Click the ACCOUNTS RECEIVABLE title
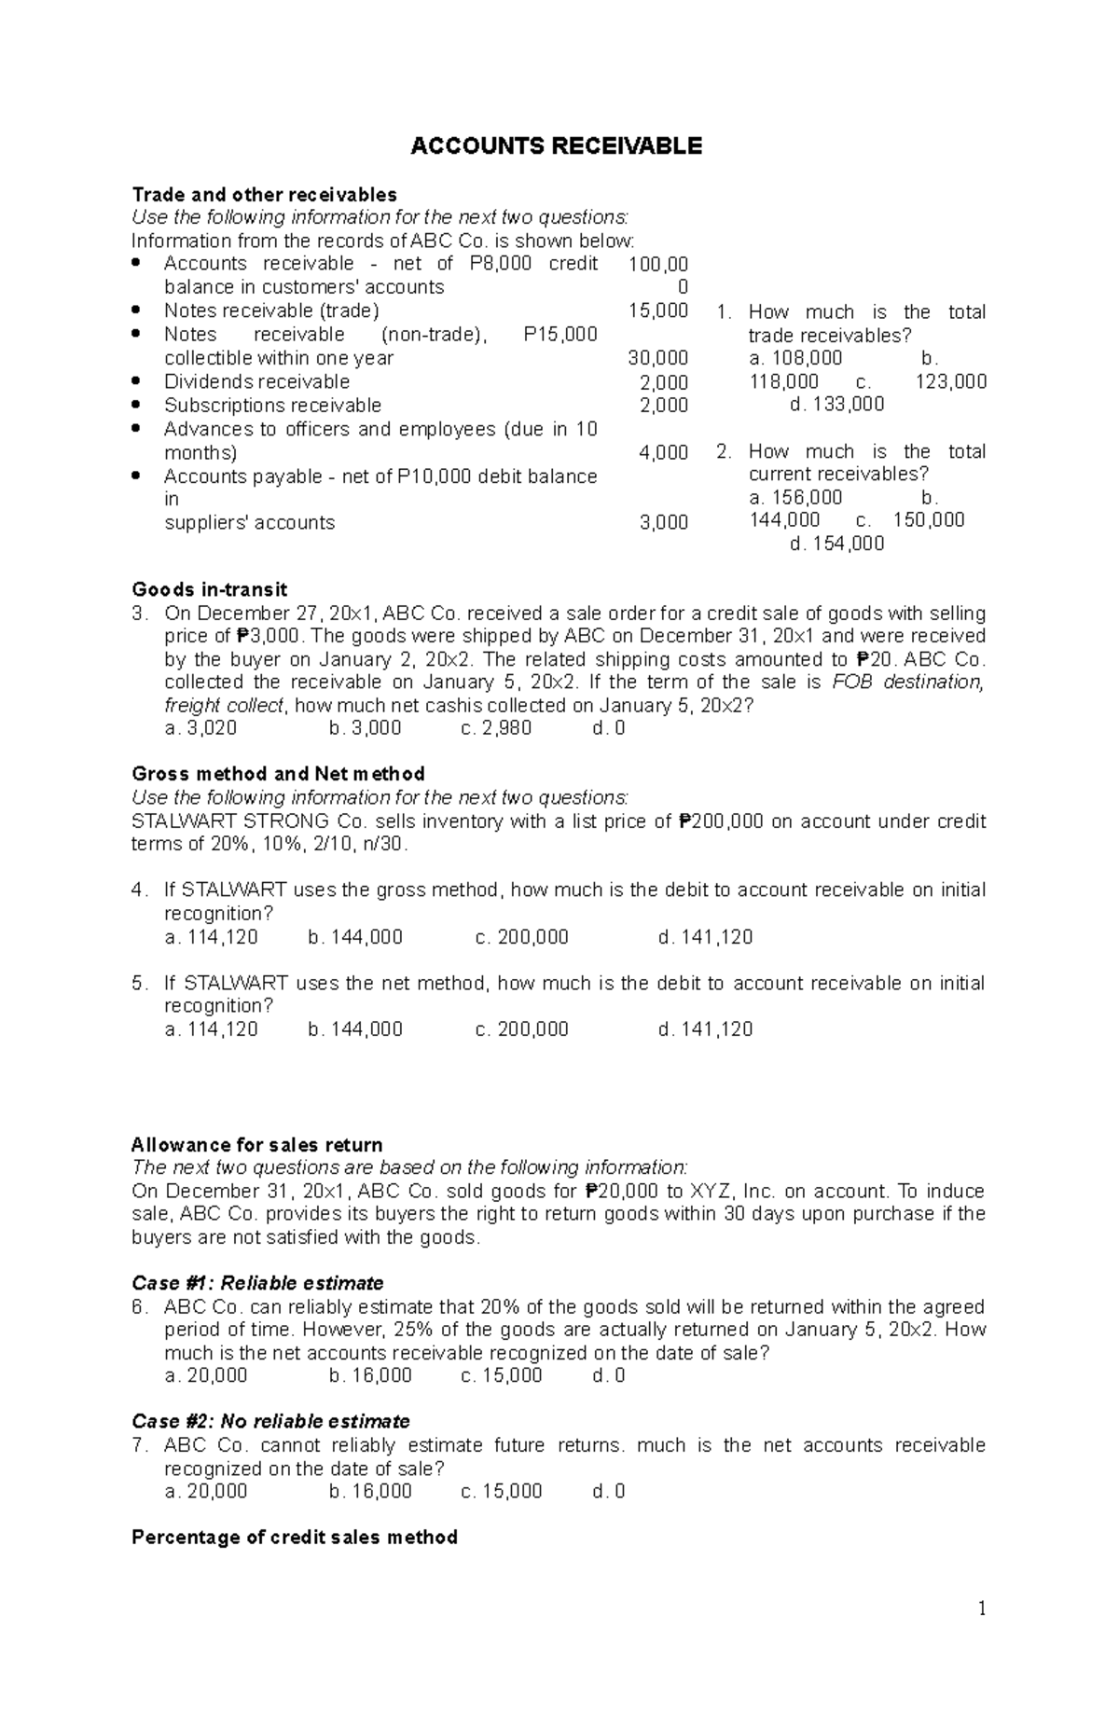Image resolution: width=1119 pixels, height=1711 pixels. [x=556, y=146]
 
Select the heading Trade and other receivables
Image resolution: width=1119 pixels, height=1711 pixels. [x=264, y=195]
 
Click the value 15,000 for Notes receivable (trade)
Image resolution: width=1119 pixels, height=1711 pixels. [x=658, y=310]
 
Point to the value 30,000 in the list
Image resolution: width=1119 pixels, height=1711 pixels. [x=658, y=358]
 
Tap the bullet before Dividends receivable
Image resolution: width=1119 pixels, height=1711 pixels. [x=137, y=381]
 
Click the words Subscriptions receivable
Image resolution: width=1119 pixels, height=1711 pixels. [x=272, y=406]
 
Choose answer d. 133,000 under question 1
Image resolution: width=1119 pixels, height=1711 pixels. [x=836, y=405]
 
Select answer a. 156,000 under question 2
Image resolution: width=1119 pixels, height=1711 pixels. [x=795, y=497]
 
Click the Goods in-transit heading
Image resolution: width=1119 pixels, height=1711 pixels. [x=209, y=589]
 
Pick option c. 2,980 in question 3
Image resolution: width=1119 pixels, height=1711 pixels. [x=496, y=728]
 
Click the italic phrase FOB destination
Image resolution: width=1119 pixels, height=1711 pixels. [x=907, y=683]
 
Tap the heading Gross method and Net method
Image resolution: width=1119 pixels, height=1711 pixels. [x=278, y=774]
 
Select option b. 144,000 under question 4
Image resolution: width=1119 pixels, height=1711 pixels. [x=355, y=937]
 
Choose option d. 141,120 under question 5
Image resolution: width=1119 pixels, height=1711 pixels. [x=705, y=1029]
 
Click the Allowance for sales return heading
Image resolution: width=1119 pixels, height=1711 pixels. [x=256, y=1145]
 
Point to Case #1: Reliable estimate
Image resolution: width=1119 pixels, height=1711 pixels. [x=257, y=1283]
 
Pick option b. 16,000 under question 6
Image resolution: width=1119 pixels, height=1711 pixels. [x=370, y=1376]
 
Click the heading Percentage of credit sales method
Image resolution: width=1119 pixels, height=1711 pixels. [x=294, y=1538]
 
